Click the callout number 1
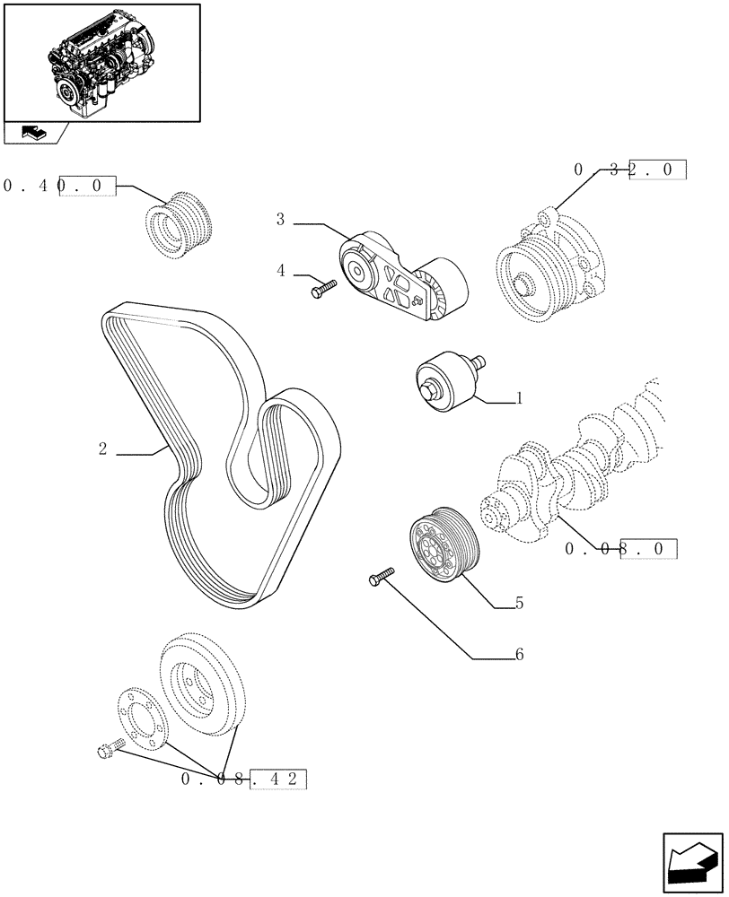pos(518,399)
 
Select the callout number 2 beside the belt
pos(103,448)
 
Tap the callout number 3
pos(281,219)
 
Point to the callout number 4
pos(281,270)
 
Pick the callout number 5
pos(519,605)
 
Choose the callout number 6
pos(518,655)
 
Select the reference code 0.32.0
pos(629,170)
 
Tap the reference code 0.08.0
pos(620,549)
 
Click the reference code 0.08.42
pos(243,779)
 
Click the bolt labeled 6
pos(382,576)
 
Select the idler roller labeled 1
pos(446,381)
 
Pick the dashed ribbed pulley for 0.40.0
pos(180,224)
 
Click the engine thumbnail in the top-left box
pos(101,62)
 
